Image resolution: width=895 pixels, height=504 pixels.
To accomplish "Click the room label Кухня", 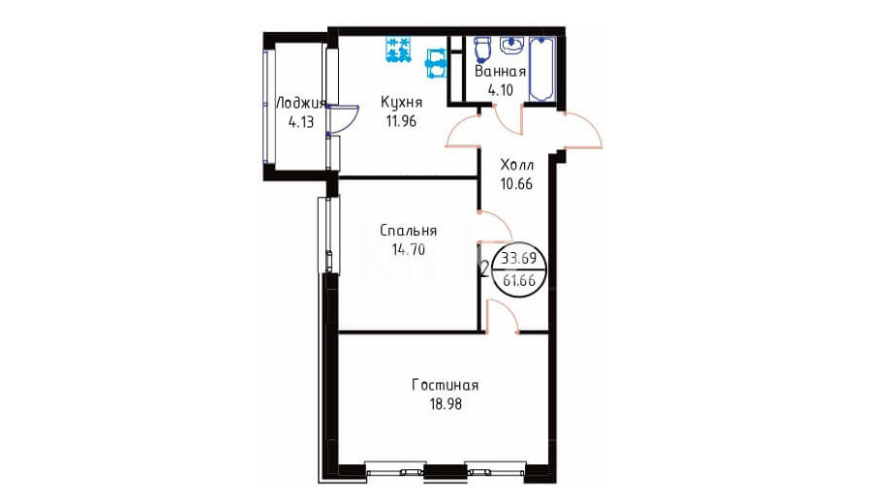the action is [x=401, y=103].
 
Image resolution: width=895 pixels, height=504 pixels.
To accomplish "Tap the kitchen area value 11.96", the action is [x=401, y=121].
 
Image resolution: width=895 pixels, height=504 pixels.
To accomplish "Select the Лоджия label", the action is [x=301, y=104].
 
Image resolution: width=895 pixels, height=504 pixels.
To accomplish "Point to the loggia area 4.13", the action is [x=301, y=122].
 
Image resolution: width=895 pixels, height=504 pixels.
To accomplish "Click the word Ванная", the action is [x=500, y=72].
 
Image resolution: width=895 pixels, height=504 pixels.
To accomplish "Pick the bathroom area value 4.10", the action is [x=500, y=90].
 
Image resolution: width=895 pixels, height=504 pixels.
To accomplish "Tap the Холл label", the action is [x=516, y=166].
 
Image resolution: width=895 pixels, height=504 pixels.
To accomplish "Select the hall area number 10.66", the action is [x=516, y=184].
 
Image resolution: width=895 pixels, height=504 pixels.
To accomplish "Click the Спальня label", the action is [x=408, y=231].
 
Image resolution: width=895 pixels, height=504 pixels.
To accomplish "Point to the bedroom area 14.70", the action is [x=408, y=249].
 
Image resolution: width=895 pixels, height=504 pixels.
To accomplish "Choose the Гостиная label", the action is [x=446, y=386].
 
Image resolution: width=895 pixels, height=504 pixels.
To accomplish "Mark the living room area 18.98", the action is [x=446, y=404].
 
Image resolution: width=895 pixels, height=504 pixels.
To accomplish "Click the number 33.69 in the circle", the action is [x=519, y=259].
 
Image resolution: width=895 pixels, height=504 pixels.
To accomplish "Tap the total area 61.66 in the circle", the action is [x=519, y=280].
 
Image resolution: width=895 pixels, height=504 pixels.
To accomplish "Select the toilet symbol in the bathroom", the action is [x=483, y=48].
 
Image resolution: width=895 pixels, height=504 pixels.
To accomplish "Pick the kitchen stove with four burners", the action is [x=398, y=49].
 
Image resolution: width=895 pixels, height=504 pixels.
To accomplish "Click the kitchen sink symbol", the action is [x=436, y=63].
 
